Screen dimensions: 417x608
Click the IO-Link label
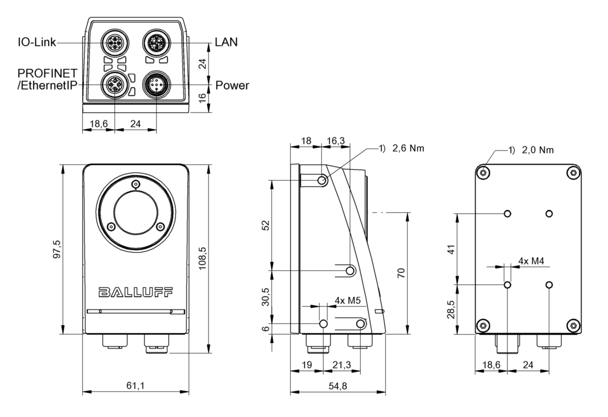pyautogui.click(x=37, y=43)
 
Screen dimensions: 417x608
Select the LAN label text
pyautogui.click(x=226, y=42)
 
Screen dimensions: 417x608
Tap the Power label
pyautogui.click(x=232, y=85)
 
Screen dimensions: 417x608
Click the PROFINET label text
pyautogui.click(x=48, y=73)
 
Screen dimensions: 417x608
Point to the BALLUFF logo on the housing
pyautogui.click(x=135, y=292)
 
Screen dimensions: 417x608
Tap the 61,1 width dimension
pyautogui.click(x=135, y=386)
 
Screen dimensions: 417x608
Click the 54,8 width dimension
pyautogui.click(x=337, y=386)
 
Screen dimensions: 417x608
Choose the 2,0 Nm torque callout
pyautogui.click(x=538, y=150)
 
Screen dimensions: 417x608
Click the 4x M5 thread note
pyautogui.click(x=348, y=301)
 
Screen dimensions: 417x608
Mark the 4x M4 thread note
pyautogui.click(x=531, y=261)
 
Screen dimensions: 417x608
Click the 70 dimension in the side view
pyautogui.click(x=400, y=273)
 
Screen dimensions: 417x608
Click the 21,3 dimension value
pyautogui.click(x=342, y=365)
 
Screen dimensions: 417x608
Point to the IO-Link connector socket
pyautogui.click(x=114, y=43)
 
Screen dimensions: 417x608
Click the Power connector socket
pyautogui.click(x=156, y=85)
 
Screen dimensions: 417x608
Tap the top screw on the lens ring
pyautogui.click(x=136, y=184)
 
